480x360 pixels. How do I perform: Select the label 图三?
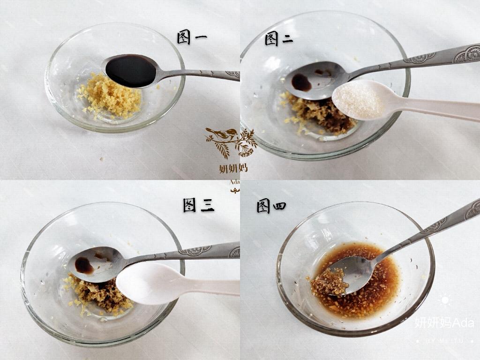click(x=198, y=205)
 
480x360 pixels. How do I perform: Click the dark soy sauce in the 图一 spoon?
click(x=130, y=70)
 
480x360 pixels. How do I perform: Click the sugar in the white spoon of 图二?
click(x=358, y=99)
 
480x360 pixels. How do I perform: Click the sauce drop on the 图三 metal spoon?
click(x=84, y=265)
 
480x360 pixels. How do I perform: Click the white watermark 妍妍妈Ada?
click(x=444, y=322)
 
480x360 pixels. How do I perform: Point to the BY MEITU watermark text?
click(x=444, y=341)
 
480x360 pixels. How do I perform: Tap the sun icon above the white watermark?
click(x=444, y=300)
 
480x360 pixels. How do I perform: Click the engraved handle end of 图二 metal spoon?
click(x=464, y=52)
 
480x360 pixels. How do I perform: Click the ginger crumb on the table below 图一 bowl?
click(x=101, y=159)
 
